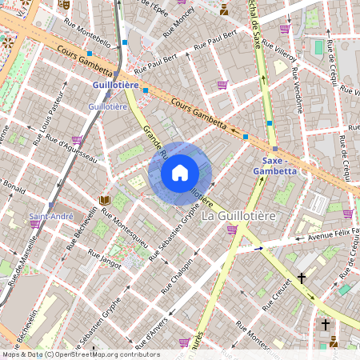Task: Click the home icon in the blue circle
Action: point(179,173)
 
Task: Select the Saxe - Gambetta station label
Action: point(274,166)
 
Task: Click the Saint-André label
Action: point(52,216)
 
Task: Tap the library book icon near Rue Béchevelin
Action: point(104,200)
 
